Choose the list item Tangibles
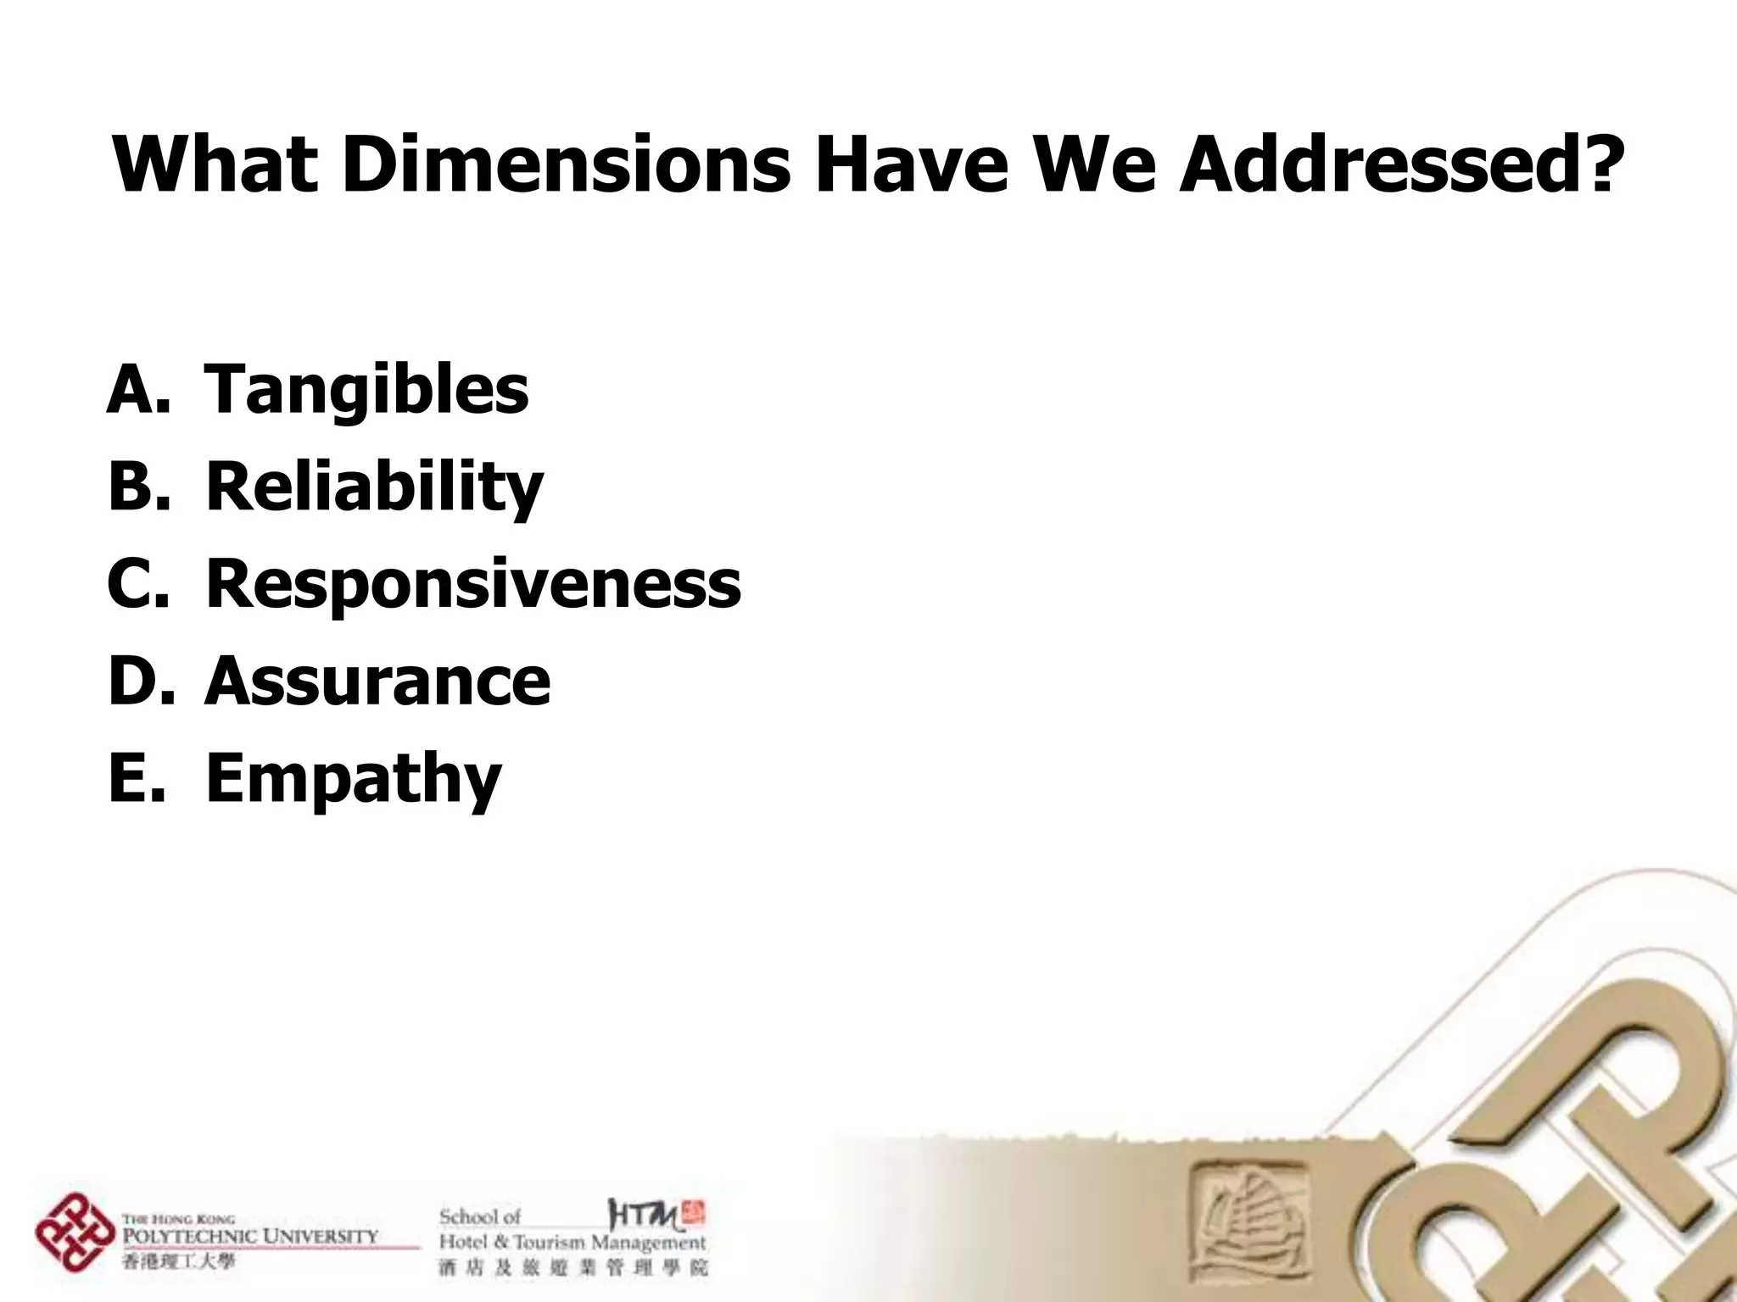[366, 391]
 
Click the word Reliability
[374, 488]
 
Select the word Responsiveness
[473, 584]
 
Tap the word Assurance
[377, 681]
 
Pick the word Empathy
[354, 778]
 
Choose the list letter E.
[136, 778]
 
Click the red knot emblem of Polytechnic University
[75, 1232]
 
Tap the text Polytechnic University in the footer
[250, 1236]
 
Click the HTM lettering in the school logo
[645, 1216]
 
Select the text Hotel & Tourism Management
[572, 1243]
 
